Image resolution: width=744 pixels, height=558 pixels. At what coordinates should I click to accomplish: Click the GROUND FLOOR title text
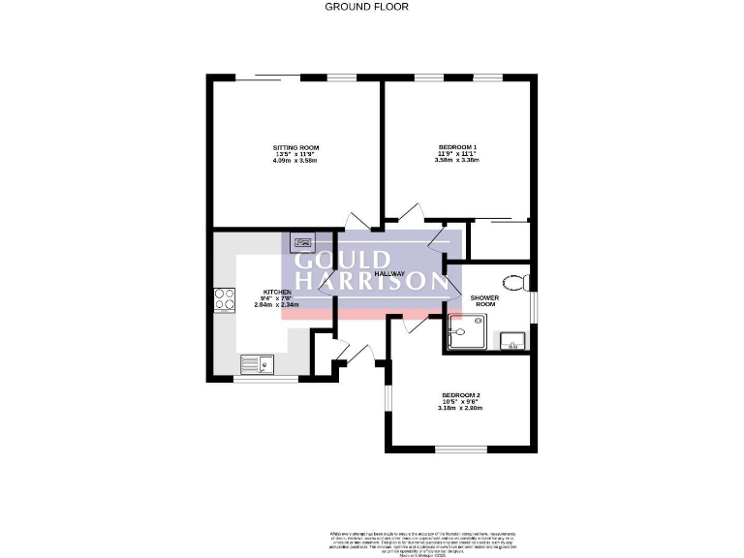click(366, 7)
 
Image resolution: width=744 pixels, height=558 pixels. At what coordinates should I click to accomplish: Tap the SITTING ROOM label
click(295, 147)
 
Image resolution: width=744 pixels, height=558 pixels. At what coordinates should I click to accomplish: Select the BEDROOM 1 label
click(458, 147)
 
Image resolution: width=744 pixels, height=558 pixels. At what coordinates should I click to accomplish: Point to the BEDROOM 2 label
click(461, 395)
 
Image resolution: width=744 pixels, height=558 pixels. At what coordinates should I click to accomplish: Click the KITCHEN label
click(277, 292)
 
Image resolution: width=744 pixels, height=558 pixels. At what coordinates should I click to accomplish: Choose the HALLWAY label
click(391, 274)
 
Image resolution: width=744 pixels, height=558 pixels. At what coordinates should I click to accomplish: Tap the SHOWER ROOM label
click(483, 300)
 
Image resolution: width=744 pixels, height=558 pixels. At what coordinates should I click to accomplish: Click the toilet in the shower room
click(521, 282)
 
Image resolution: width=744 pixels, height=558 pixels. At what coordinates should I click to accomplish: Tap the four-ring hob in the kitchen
click(225, 300)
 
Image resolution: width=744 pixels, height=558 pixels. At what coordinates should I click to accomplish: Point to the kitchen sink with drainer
click(258, 364)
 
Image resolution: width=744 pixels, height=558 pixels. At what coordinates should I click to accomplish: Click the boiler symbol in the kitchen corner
click(302, 242)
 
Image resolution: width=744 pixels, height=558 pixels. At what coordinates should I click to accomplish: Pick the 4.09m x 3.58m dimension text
click(295, 160)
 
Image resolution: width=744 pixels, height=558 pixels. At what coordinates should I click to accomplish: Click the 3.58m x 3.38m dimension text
click(458, 160)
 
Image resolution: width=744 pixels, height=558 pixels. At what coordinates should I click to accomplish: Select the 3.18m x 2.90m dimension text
click(460, 408)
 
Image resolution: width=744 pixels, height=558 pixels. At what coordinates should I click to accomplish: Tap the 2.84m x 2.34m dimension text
click(276, 304)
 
